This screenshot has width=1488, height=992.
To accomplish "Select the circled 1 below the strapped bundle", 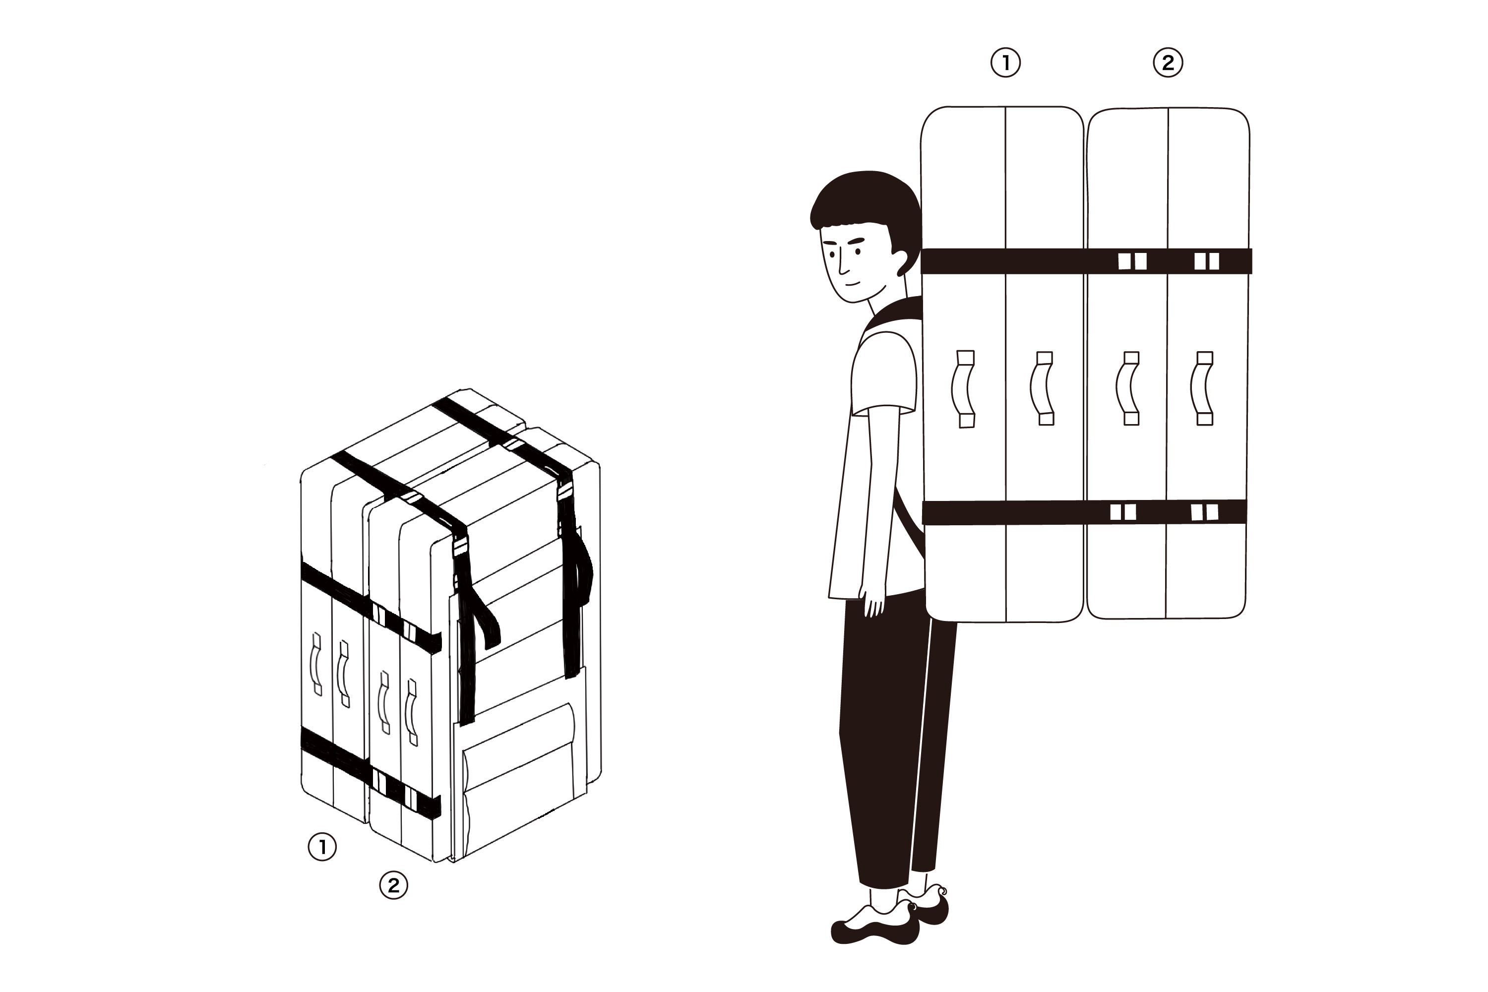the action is (x=322, y=847).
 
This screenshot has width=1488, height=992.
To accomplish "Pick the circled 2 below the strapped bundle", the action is (x=393, y=885).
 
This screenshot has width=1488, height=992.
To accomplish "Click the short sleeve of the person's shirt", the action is (x=884, y=373).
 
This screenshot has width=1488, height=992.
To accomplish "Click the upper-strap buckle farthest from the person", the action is (x=1206, y=261).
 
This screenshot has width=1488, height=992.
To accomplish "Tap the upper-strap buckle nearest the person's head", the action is (x=1132, y=261).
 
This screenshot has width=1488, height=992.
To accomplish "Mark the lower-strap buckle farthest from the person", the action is (x=1204, y=512).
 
